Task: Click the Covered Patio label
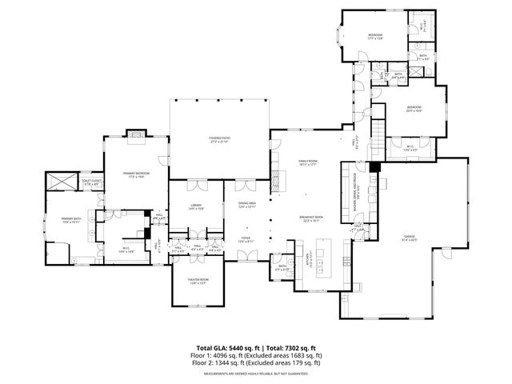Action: [219, 140]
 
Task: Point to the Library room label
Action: [196, 206]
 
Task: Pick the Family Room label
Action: [308, 163]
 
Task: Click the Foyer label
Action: [246, 239]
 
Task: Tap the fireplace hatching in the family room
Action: [277, 180]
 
